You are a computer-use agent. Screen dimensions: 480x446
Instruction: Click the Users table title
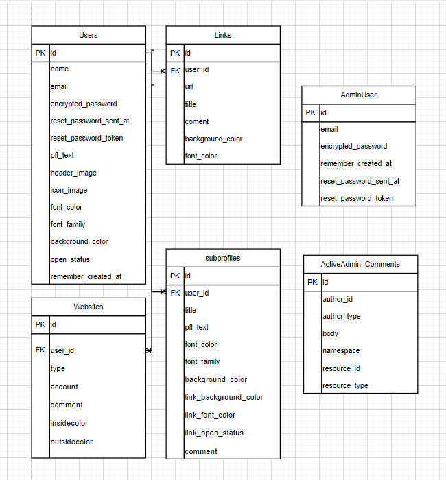[89, 35]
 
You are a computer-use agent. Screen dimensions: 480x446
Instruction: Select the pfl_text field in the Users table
[62, 156]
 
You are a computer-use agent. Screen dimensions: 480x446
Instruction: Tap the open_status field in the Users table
[70, 259]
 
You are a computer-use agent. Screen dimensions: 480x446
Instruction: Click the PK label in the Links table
[175, 53]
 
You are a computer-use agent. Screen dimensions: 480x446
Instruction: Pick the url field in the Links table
[189, 87]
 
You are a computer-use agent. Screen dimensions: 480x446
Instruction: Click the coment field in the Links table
[197, 121]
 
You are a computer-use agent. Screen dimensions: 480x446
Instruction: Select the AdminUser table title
[358, 95]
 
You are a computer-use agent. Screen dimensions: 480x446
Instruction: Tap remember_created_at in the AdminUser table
[356, 164]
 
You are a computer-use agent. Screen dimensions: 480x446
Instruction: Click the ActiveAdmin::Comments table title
[360, 264]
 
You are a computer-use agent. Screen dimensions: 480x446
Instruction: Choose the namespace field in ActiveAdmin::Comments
[341, 350]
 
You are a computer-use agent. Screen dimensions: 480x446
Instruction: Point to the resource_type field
[345, 385]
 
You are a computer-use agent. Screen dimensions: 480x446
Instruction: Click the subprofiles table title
[223, 258]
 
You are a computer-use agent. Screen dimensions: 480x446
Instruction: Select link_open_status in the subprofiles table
[214, 433]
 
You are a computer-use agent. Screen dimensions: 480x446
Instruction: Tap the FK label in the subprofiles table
[175, 293]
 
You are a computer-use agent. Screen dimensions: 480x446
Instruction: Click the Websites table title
[89, 307]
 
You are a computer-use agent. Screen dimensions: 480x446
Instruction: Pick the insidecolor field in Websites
[69, 423]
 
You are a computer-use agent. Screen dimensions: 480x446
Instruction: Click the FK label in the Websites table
[40, 350]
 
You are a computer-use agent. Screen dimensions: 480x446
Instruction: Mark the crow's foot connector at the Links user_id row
[163, 71]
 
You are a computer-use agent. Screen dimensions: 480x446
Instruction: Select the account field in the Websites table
[64, 387]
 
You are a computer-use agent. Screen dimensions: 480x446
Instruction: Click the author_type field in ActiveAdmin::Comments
[342, 316]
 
